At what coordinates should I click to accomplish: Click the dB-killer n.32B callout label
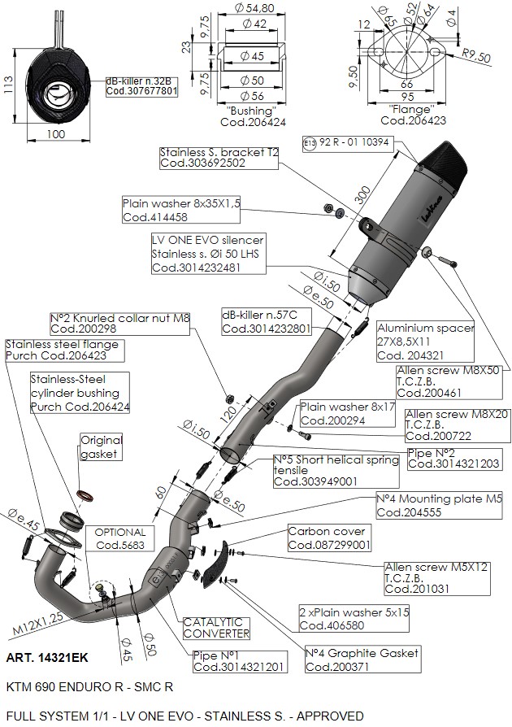coord(141,86)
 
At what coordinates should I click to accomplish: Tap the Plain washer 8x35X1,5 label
coord(181,210)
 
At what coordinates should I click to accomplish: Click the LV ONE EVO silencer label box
coord(207,254)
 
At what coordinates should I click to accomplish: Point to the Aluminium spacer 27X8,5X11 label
coord(425,341)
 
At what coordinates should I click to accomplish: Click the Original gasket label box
coord(100,446)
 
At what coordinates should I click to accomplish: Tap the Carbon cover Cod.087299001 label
coord(329,538)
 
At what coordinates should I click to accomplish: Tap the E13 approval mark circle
coord(308,141)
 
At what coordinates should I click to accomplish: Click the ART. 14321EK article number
coord(46,656)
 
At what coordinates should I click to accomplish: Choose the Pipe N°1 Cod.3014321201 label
coord(239,661)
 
